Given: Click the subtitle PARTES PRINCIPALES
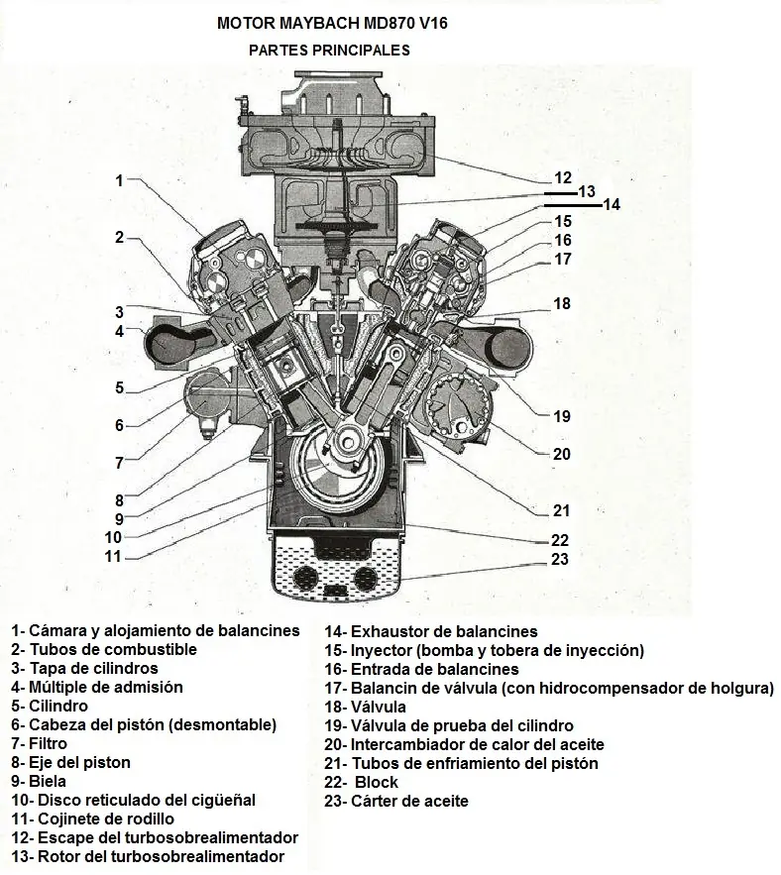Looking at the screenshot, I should pos(328,50).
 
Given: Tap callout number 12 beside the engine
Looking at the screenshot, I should pos(563,178).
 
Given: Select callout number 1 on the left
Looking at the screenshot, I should pos(119,180).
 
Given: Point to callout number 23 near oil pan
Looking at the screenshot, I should pos(559,559).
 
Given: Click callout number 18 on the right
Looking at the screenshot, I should pos(562,304).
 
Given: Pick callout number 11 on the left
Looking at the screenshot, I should pos(113,556).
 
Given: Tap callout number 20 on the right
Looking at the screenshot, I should pos(562,454).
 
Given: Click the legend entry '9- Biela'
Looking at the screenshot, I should pos(42,782).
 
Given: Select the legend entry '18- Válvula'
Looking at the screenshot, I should pos(365,707).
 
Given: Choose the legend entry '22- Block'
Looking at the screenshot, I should pos(362,782).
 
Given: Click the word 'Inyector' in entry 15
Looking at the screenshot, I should pos(380,650).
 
